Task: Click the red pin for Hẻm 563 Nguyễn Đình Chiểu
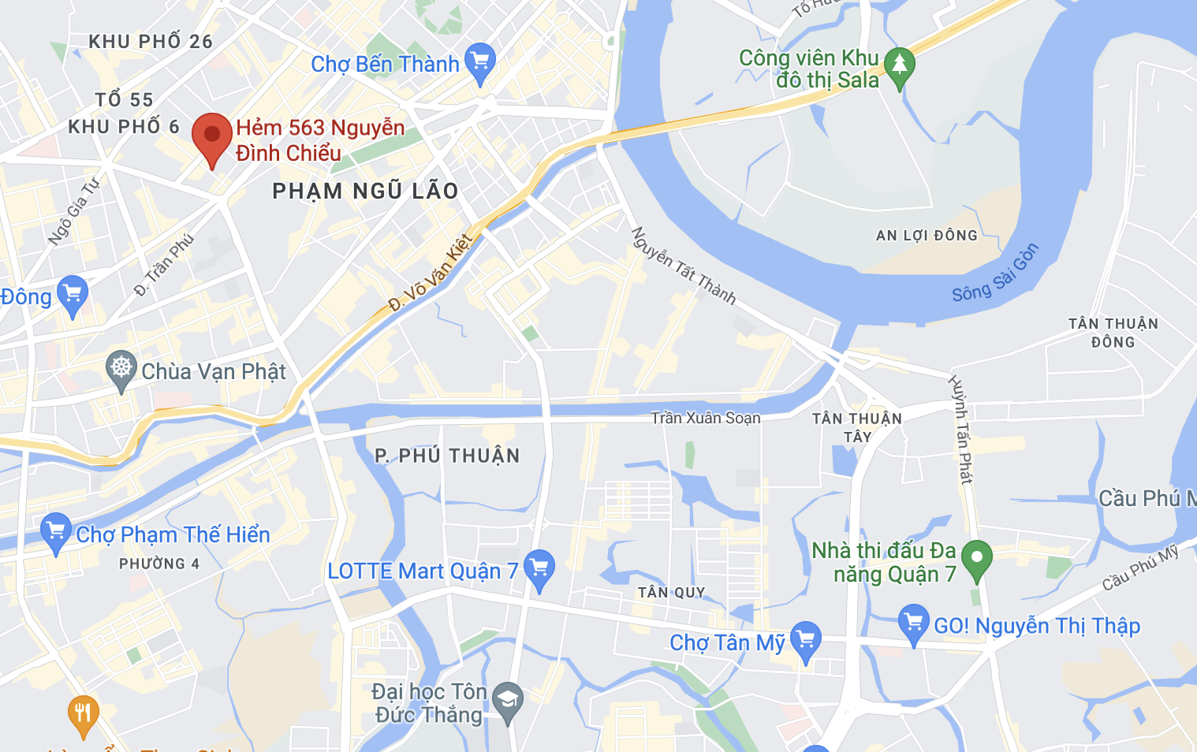(212, 136)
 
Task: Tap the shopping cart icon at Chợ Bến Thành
(479, 61)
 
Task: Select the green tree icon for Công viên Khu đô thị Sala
(899, 65)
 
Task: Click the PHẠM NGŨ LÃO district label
(365, 191)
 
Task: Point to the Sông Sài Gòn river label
(995, 274)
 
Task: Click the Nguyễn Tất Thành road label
(683, 266)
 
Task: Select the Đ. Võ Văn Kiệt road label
(431, 273)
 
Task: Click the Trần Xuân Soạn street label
(706, 418)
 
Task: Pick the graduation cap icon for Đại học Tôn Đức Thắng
(507, 699)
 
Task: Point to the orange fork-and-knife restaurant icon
(83, 713)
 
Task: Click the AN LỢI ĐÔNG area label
(927, 235)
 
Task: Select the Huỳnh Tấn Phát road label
(960, 430)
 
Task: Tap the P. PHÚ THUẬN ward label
(447, 456)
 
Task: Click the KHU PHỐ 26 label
(151, 41)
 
